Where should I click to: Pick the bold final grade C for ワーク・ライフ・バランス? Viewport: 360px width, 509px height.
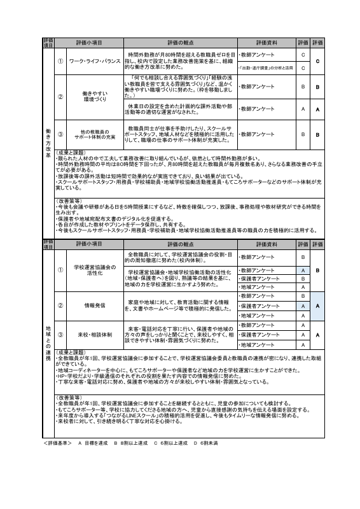click(x=317, y=61)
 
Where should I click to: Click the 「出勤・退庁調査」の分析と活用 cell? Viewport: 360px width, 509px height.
click(x=266, y=67)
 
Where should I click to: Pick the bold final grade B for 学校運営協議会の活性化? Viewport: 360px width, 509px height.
click(x=317, y=270)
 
